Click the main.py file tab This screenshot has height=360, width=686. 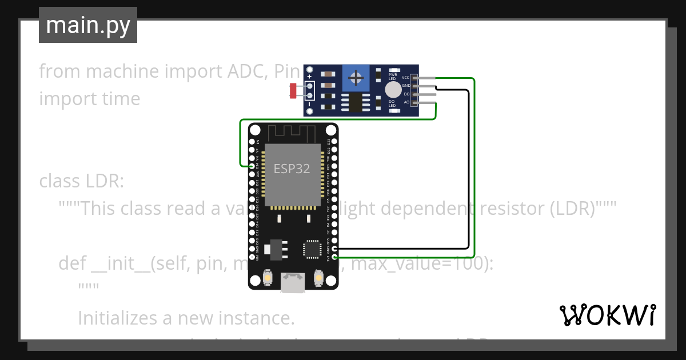pos(87,25)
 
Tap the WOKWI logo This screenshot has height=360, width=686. pos(607,315)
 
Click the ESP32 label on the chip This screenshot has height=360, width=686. pos(292,169)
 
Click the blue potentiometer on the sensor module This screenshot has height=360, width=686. pos(356,78)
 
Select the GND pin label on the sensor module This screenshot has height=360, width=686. pos(406,86)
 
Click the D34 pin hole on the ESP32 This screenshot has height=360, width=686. pos(252,166)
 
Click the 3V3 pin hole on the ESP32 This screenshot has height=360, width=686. pos(334,257)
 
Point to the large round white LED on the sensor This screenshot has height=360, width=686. pos(393,90)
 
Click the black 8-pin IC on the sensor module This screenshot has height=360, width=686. pos(356,103)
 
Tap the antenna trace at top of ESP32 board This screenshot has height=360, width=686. pos(293,134)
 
